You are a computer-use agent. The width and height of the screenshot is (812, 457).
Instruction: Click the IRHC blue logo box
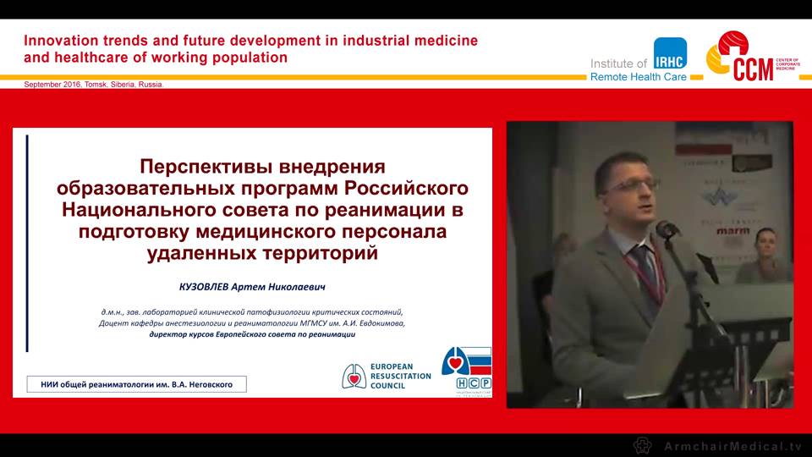(x=670, y=53)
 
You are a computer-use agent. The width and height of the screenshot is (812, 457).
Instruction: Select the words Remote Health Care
(x=639, y=76)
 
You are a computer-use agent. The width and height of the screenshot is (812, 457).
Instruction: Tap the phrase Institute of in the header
(x=618, y=63)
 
